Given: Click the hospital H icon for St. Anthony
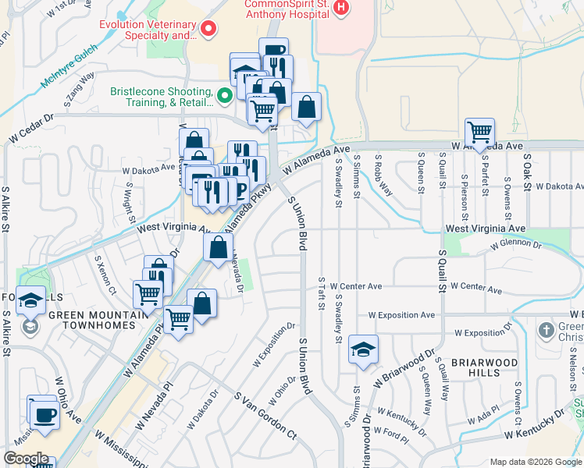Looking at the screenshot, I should (340, 7).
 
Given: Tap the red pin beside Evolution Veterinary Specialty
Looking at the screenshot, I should (208, 30).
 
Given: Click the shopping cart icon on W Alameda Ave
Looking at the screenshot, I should (479, 130).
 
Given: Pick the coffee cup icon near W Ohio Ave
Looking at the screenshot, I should (45, 415).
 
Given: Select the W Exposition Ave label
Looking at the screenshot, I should (401, 315).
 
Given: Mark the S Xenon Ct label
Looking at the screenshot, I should (105, 275).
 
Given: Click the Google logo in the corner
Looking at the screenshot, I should (26, 459).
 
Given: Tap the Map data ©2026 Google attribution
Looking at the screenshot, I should (536, 462).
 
